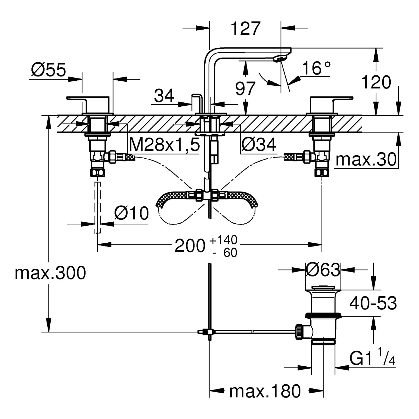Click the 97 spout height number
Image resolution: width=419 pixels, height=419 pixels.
click(x=246, y=88)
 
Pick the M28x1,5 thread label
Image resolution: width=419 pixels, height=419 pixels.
click(x=165, y=145)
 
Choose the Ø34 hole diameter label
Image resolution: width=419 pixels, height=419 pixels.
click(x=259, y=145)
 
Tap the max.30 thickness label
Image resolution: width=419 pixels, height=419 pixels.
click(x=366, y=159)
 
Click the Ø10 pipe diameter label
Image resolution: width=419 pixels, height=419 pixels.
click(x=131, y=214)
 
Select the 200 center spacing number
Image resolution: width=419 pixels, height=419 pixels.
click(x=190, y=246)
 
